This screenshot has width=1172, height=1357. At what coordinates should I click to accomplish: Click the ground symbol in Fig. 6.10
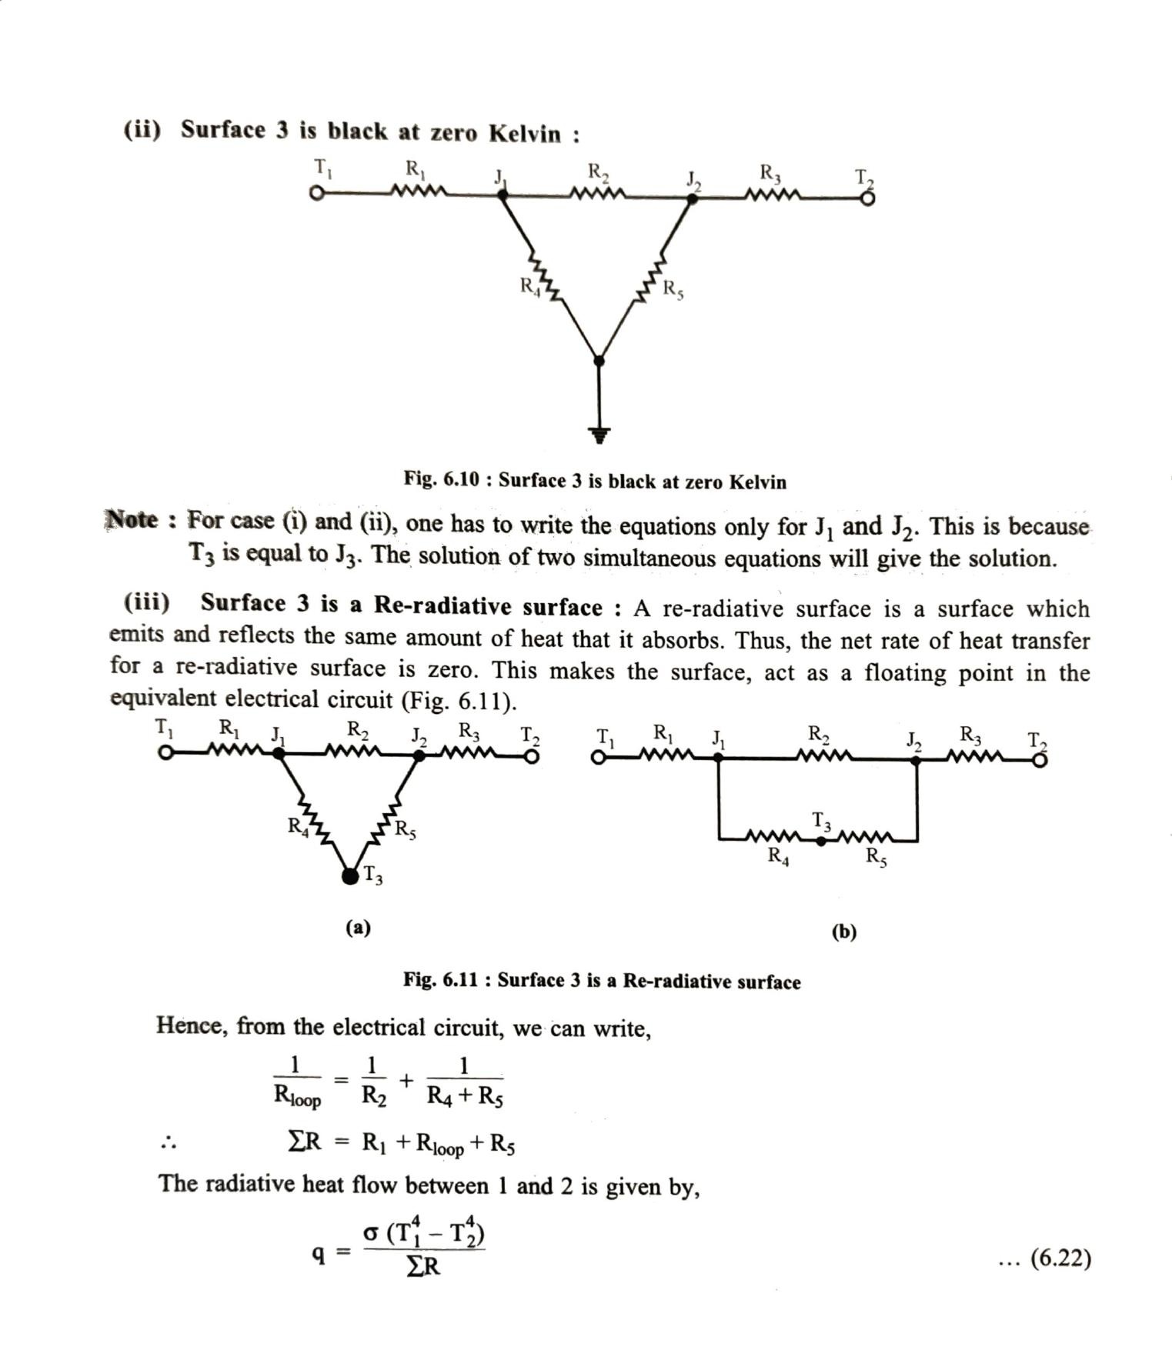pyautogui.click(x=600, y=435)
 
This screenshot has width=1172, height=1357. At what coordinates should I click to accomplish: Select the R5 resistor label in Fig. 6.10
pyautogui.click(x=673, y=290)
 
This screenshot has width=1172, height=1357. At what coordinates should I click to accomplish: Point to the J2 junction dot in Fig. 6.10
pyautogui.click(x=692, y=198)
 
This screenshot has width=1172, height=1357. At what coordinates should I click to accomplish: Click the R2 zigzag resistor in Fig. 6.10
pyautogui.click(x=598, y=192)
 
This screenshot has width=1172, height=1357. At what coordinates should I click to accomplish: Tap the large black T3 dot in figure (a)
pyautogui.click(x=350, y=875)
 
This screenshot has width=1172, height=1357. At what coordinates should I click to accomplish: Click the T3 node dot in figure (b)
pyautogui.click(x=821, y=841)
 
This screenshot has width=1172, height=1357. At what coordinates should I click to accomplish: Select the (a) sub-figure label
pyautogui.click(x=358, y=928)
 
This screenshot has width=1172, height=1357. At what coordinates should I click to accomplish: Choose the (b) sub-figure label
pyautogui.click(x=843, y=932)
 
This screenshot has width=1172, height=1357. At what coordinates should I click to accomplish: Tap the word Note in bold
pyautogui.click(x=131, y=520)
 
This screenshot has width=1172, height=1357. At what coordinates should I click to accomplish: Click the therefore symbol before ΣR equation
pyautogui.click(x=169, y=1144)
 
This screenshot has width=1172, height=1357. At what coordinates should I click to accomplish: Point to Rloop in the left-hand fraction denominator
pyautogui.click(x=297, y=1098)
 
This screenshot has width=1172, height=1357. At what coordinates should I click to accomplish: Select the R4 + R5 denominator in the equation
pyautogui.click(x=465, y=1097)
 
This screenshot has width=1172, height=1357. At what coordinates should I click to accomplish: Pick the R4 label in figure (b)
pyautogui.click(x=778, y=855)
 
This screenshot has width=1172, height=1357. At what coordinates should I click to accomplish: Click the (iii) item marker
pyautogui.click(x=147, y=602)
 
